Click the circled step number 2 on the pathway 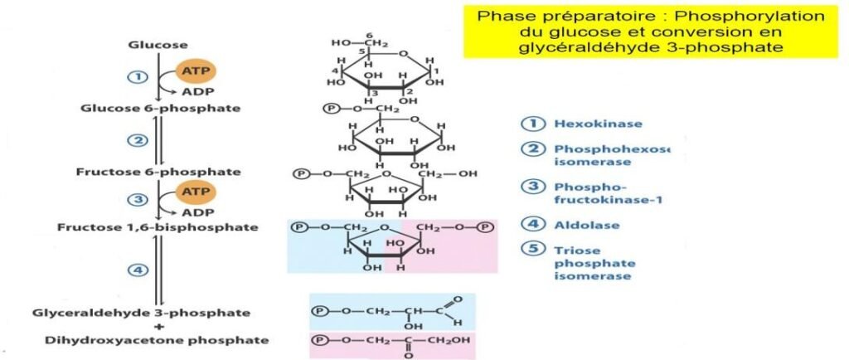137,140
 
